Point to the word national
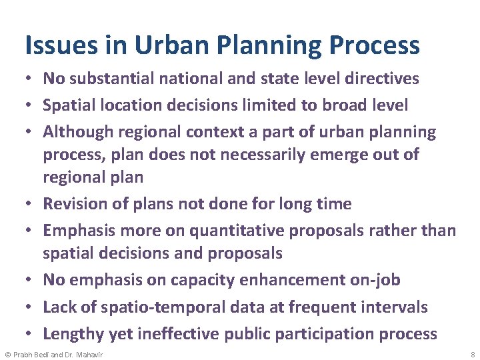coord(182,79)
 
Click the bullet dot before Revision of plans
coord(31,205)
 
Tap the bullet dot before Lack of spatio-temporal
coord(31,308)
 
